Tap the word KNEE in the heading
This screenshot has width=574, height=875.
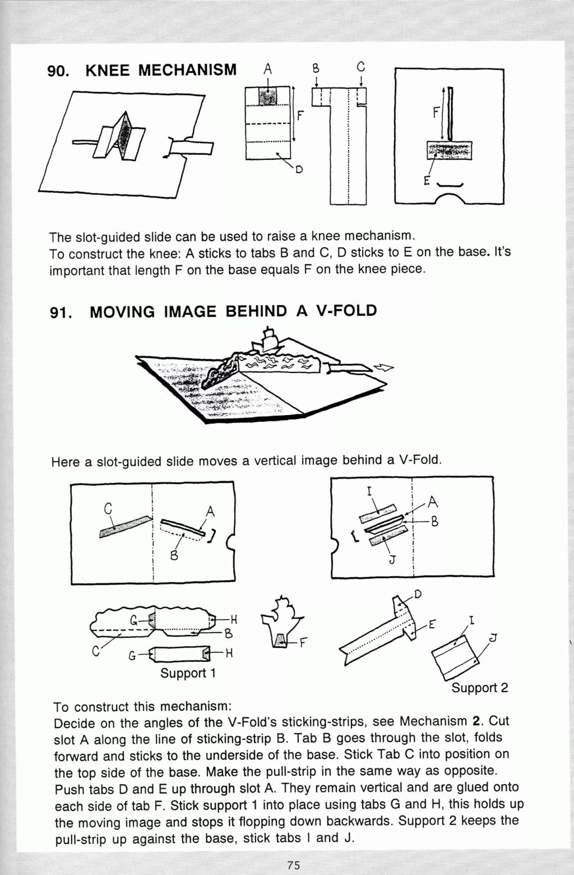(107, 70)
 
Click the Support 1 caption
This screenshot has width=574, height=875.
(188, 673)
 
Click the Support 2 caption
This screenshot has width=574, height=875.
(479, 687)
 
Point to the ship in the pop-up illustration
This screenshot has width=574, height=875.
(267, 340)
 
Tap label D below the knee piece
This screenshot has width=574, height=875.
(299, 169)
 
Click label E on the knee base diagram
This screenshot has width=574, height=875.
(426, 181)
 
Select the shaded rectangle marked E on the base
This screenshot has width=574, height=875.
(449, 150)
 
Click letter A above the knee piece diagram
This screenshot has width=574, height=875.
(268, 68)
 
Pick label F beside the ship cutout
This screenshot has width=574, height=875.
(303, 643)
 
